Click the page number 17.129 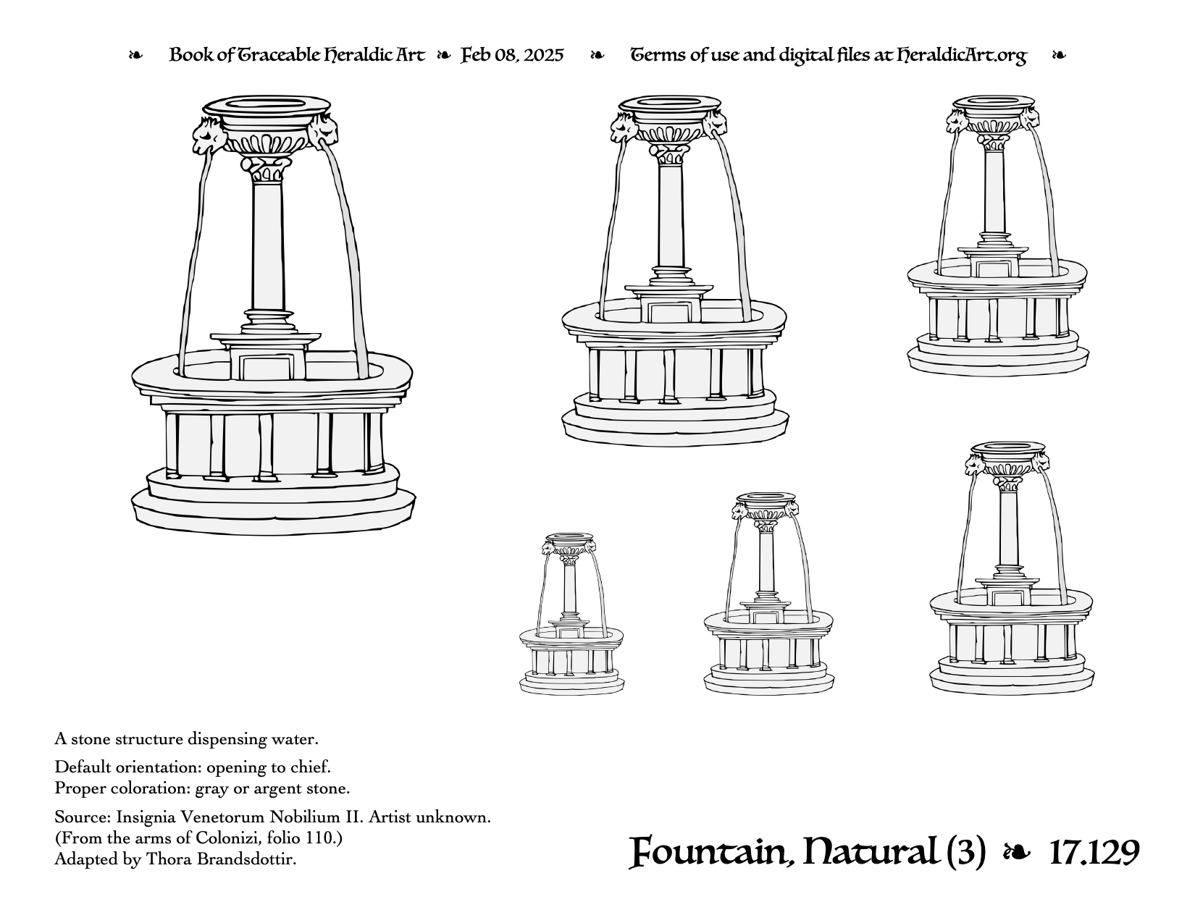tap(1094, 852)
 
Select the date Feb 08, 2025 tap(512, 55)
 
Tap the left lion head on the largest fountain tap(209, 135)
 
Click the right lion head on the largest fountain tap(323, 132)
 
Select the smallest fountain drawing tap(571, 613)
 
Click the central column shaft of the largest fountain tap(268, 245)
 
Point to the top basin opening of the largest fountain tap(267, 104)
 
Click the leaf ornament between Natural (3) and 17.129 tap(1017, 854)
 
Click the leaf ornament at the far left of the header tap(135, 55)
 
